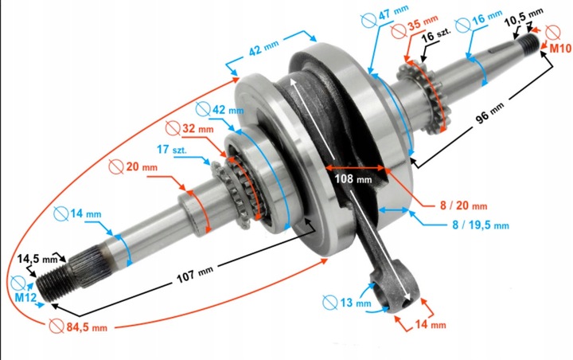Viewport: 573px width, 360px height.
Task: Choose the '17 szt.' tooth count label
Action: point(171,148)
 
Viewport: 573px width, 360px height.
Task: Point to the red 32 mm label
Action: point(197,128)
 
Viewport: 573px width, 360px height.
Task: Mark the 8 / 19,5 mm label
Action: point(477,225)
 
